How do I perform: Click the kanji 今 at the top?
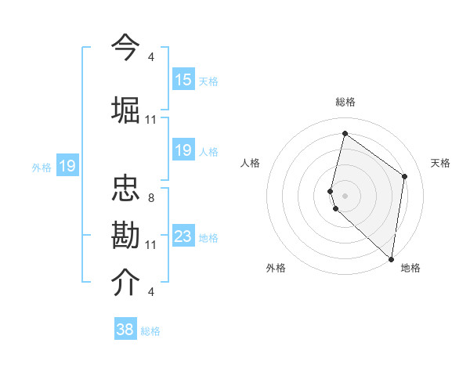(x=126, y=47)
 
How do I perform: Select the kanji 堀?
(x=126, y=109)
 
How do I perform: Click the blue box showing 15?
(x=183, y=80)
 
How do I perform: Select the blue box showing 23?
(x=183, y=236)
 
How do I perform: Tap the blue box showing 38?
(x=125, y=330)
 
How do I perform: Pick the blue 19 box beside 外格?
(x=67, y=166)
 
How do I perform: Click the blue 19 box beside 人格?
(x=183, y=150)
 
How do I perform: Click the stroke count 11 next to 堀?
(x=151, y=120)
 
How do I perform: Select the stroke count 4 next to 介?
(x=150, y=292)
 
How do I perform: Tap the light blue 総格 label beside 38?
(x=151, y=331)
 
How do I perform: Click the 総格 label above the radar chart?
(x=345, y=102)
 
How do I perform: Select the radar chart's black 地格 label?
(x=410, y=269)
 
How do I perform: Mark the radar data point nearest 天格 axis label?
(x=405, y=176)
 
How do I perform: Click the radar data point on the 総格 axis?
(x=345, y=133)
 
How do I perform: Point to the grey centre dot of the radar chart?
(x=345, y=195)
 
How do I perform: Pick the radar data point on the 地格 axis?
(x=392, y=259)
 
